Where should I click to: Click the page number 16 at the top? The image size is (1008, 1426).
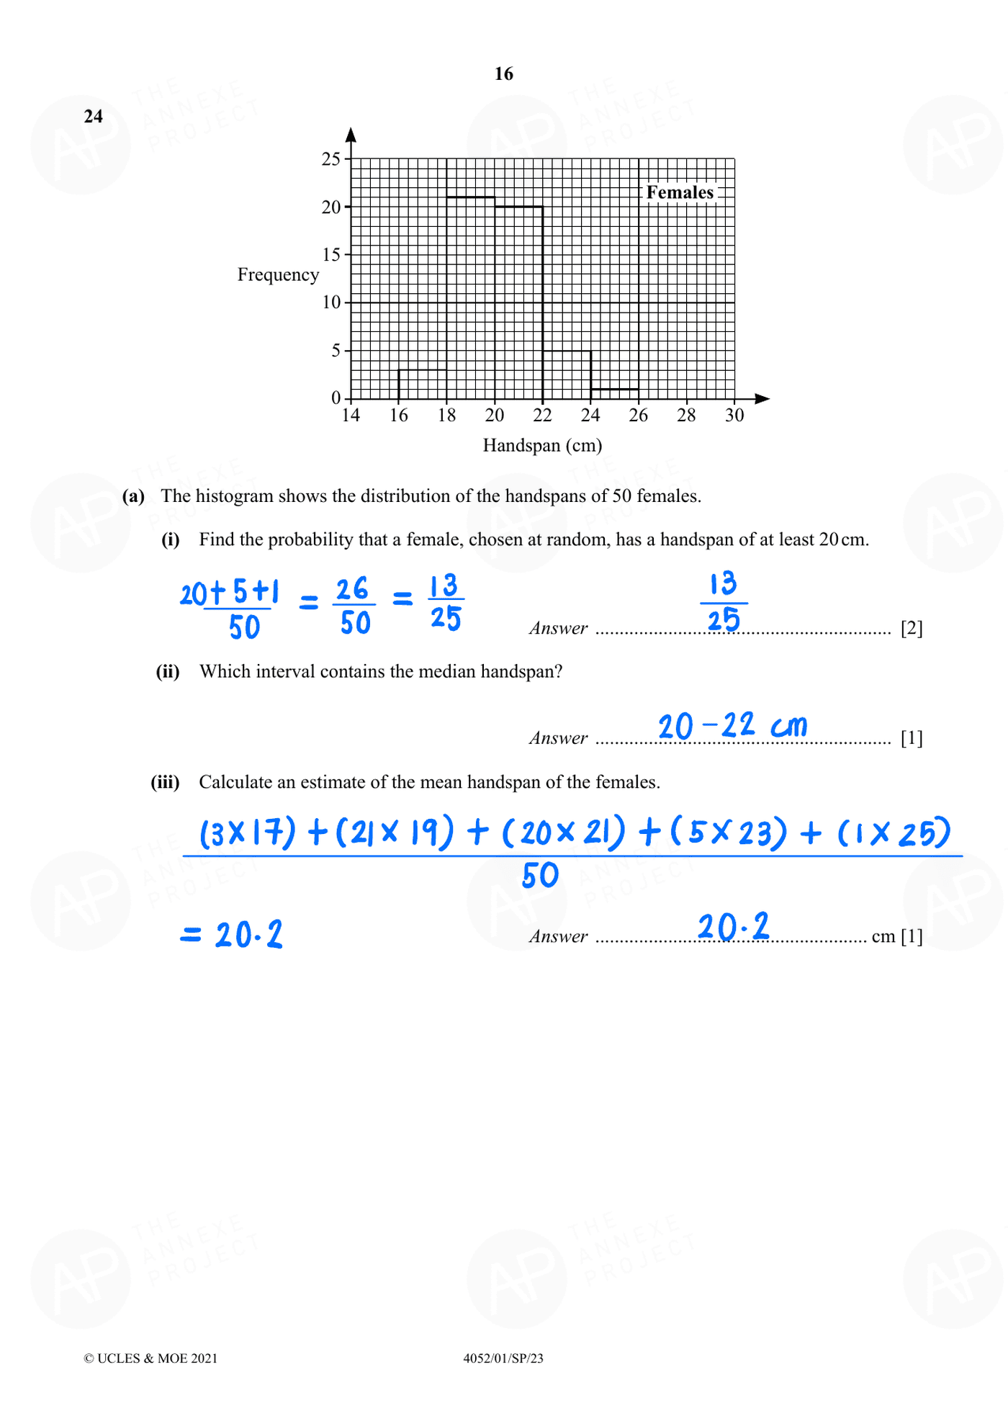click(503, 74)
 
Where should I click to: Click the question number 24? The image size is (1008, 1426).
click(94, 117)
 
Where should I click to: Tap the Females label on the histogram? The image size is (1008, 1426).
click(680, 192)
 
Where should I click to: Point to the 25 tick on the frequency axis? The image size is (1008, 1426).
click(331, 159)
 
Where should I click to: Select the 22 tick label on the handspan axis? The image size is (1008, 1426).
click(542, 416)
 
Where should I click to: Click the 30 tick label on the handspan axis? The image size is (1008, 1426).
click(734, 416)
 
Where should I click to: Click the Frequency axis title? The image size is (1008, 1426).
click(278, 275)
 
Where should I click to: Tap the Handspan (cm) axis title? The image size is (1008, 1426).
click(542, 446)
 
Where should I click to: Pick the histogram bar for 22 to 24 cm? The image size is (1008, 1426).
click(567, 375)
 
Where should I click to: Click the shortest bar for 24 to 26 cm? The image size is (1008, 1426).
click(614, 393)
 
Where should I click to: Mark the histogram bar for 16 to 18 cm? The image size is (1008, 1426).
click(423, 384)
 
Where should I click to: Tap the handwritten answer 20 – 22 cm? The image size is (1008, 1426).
click(732, 726)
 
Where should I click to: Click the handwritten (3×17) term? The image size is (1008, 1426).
click(247, 833)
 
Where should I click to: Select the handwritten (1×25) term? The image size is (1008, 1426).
click(893, 833)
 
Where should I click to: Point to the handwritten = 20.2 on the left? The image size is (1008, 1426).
click(231, 935)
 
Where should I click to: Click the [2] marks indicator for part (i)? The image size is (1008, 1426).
click(912, 629)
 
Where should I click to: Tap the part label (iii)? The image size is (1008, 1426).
click(165, 782)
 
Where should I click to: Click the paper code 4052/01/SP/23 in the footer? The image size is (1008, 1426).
click(503, 1358)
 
